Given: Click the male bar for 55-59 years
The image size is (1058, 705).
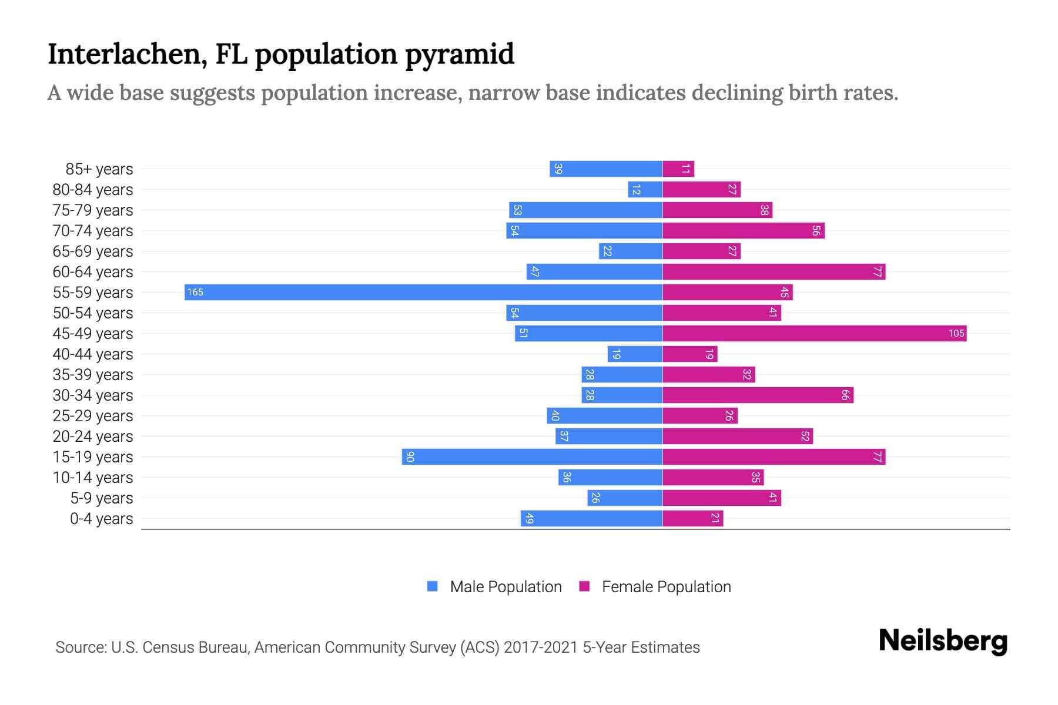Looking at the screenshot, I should point(423,292).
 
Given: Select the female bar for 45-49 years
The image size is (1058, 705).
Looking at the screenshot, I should point(814,333).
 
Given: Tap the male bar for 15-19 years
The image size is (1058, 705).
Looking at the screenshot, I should point(532,456).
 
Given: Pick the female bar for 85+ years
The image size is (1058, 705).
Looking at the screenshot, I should point(678,169).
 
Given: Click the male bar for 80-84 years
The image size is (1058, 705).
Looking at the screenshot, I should point(645,189).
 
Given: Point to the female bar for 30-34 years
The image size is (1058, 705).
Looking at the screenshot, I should point(758,395).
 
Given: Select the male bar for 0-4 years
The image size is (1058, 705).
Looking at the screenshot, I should point(591,518).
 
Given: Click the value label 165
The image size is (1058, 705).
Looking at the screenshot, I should point(195,292).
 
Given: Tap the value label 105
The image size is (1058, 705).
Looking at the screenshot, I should point(956,333).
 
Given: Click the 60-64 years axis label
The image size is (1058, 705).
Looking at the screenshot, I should point(93,272).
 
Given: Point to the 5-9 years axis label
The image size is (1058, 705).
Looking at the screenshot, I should point(102,498).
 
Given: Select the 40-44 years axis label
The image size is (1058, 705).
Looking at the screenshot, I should point(93,354).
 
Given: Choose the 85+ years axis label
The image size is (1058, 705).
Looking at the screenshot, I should point(99,169).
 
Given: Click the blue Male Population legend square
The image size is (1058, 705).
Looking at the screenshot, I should point(433,586).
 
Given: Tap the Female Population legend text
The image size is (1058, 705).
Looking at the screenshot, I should point(666,586).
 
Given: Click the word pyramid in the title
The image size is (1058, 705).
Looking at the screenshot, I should point(459,55).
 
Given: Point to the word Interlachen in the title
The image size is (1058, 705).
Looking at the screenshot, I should point(127,54).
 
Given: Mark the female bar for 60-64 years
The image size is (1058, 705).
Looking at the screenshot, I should point(774,271).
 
